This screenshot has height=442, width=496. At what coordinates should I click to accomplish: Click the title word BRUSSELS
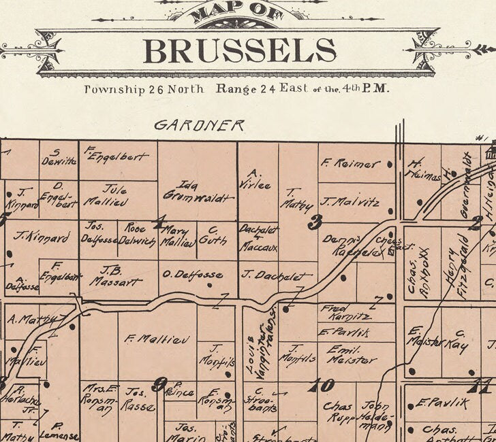pos(239,50)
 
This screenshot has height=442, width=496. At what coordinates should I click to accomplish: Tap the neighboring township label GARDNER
pos(199,125)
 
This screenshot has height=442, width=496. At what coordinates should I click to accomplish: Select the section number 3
pos(314,222)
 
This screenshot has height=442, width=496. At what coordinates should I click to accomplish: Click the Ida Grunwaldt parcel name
pos(198,190)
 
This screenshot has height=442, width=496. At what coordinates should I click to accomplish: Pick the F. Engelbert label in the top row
pos(117,155)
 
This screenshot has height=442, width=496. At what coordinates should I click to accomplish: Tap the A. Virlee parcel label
pos(254,178)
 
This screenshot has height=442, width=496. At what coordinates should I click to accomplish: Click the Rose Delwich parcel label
pos(140,235)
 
